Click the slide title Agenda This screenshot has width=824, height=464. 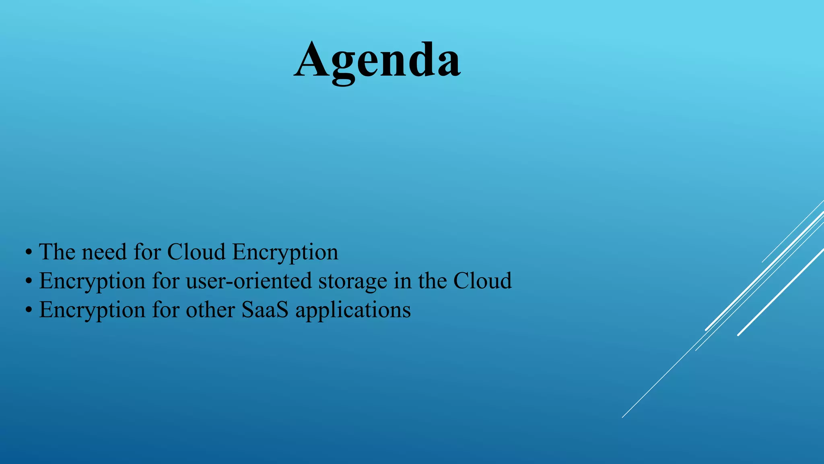pos(377,60)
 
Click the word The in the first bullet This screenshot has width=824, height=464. pos(57,252)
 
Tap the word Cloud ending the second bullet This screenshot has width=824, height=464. pos(482,281)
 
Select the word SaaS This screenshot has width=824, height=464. pos(265,310)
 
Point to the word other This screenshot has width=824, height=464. pos(210,310)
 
